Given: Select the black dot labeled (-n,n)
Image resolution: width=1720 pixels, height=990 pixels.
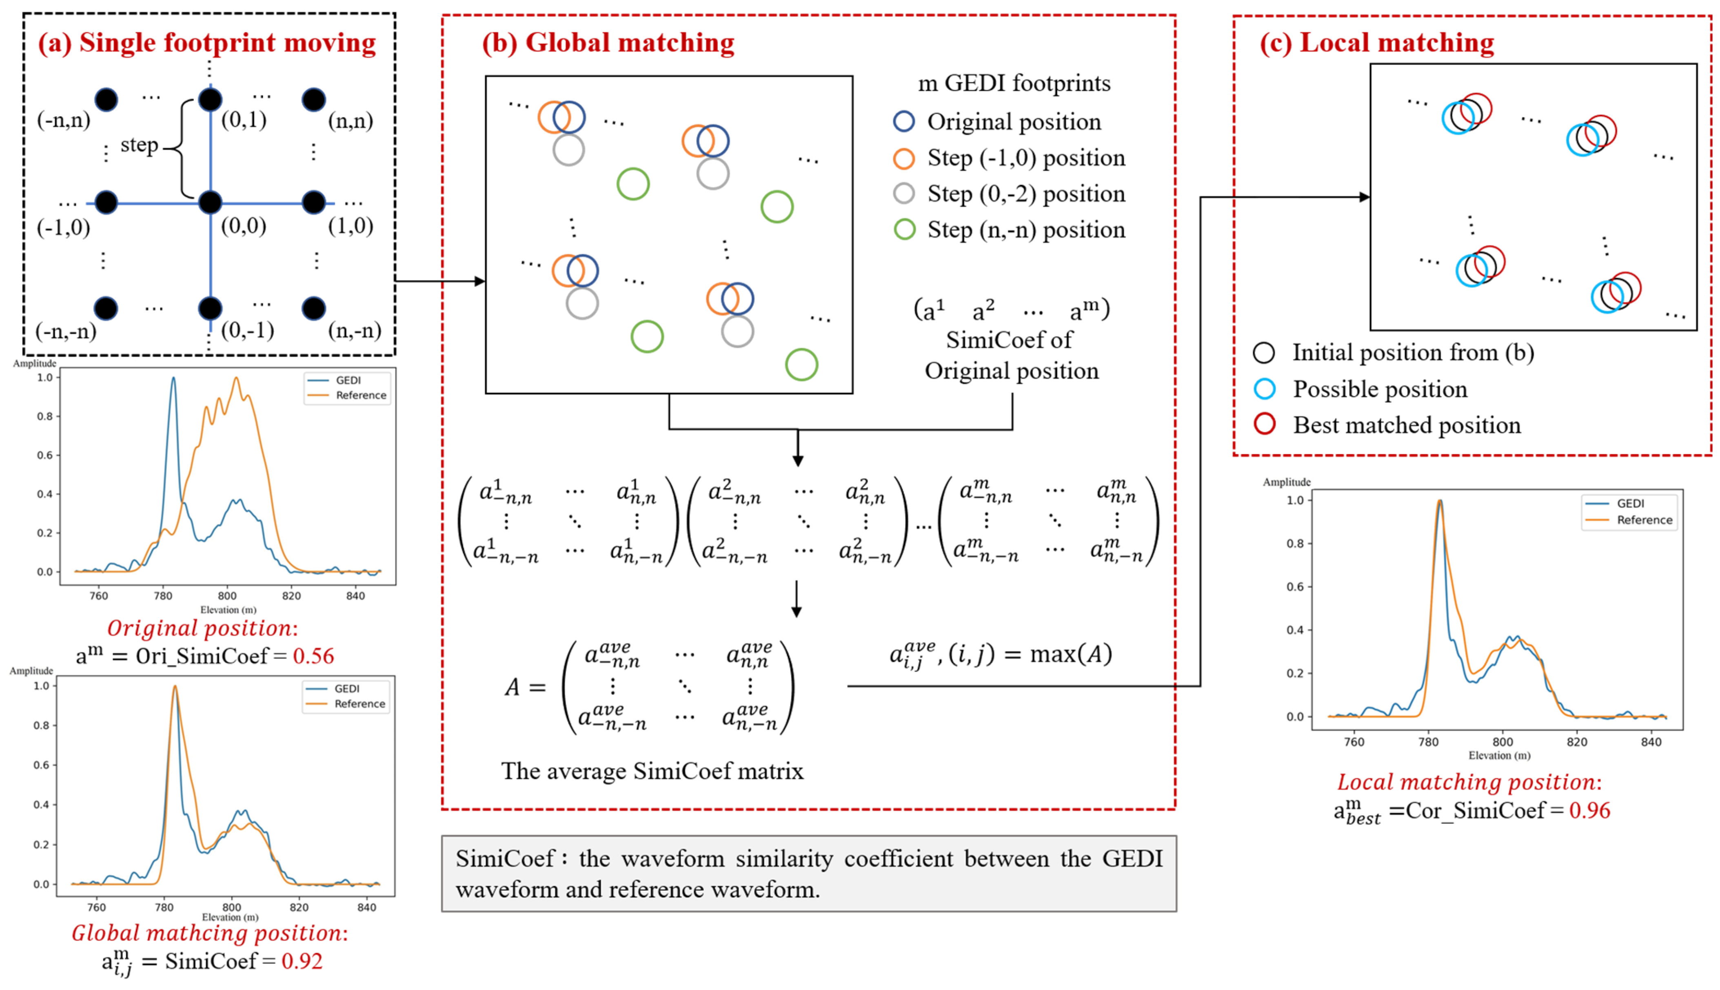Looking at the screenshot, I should [x=106, y=100].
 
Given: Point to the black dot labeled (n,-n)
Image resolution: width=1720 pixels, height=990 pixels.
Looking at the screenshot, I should [x=313, y=308].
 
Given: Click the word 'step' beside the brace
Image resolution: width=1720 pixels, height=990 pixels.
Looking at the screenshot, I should [x=139, y=145].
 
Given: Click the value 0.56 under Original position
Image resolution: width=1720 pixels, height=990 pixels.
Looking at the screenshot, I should [x=313, y=656].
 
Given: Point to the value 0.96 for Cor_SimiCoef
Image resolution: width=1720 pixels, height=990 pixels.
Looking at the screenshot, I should [x=1589, y=810].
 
